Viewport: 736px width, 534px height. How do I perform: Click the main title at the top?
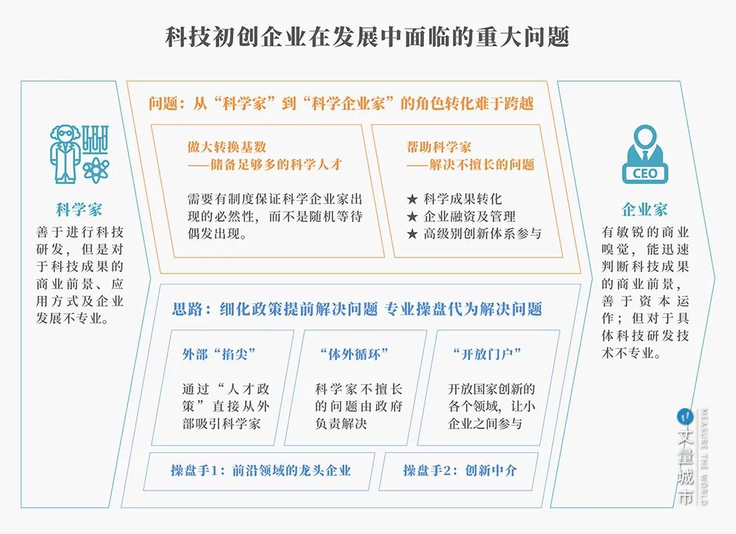pos(367,37)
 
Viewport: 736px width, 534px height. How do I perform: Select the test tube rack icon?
pos(95,138)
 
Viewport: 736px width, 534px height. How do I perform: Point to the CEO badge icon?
pos(645,154)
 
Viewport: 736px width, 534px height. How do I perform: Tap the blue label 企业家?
pos(645,209)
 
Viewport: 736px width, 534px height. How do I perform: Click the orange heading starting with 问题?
pos(341,104)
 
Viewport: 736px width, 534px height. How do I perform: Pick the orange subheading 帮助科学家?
pos(439,146)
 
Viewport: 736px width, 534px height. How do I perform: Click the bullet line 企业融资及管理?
pos(461,216)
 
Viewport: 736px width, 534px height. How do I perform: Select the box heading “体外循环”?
pos(354,354)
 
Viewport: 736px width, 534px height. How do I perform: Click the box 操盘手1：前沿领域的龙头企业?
pos(261,470)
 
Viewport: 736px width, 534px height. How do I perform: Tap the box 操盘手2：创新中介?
pos(459,470)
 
